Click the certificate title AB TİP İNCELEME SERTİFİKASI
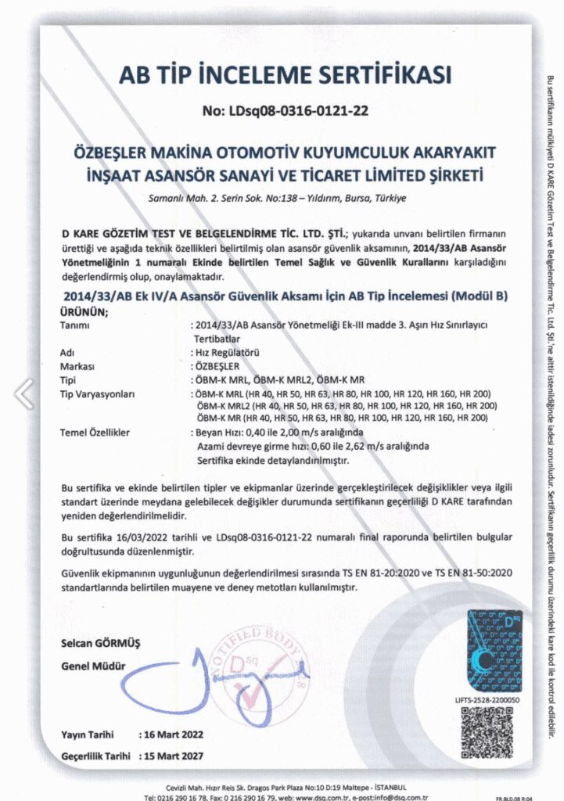[x=286, y=75]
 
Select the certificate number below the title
[x=285, y=111]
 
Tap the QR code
[x=486, y=731]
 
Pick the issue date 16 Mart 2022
[x=170, y=735]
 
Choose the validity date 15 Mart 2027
[x=170, y=757]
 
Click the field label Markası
[x=77, y=366]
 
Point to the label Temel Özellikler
[x=95, y=432]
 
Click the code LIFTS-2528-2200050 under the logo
[x=486, y=699]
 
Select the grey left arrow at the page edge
[x=24, y=393]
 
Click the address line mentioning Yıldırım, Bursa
[x=278, y=199]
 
